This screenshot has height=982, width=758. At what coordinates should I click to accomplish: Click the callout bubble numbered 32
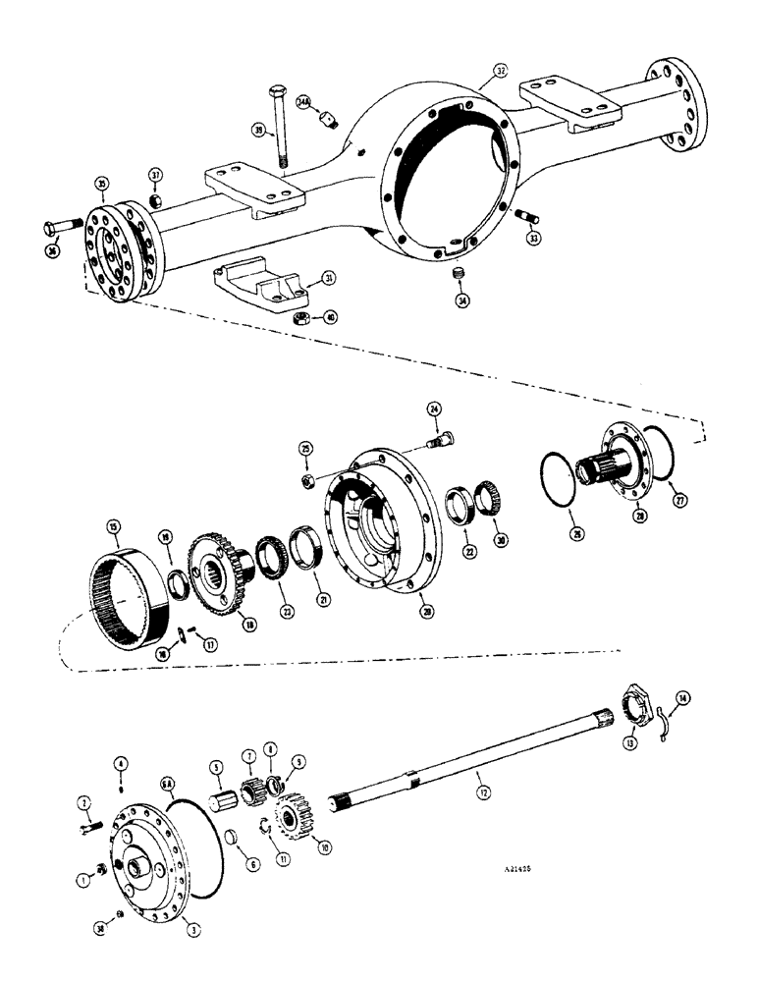coord(501,71)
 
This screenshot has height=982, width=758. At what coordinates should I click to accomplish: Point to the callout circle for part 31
coord(330,278)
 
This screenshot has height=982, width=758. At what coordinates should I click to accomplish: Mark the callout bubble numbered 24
coord(433,409)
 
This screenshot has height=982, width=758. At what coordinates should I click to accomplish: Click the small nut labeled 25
coord(306,480)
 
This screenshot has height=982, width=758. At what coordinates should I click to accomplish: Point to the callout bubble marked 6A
coord(168,756)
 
